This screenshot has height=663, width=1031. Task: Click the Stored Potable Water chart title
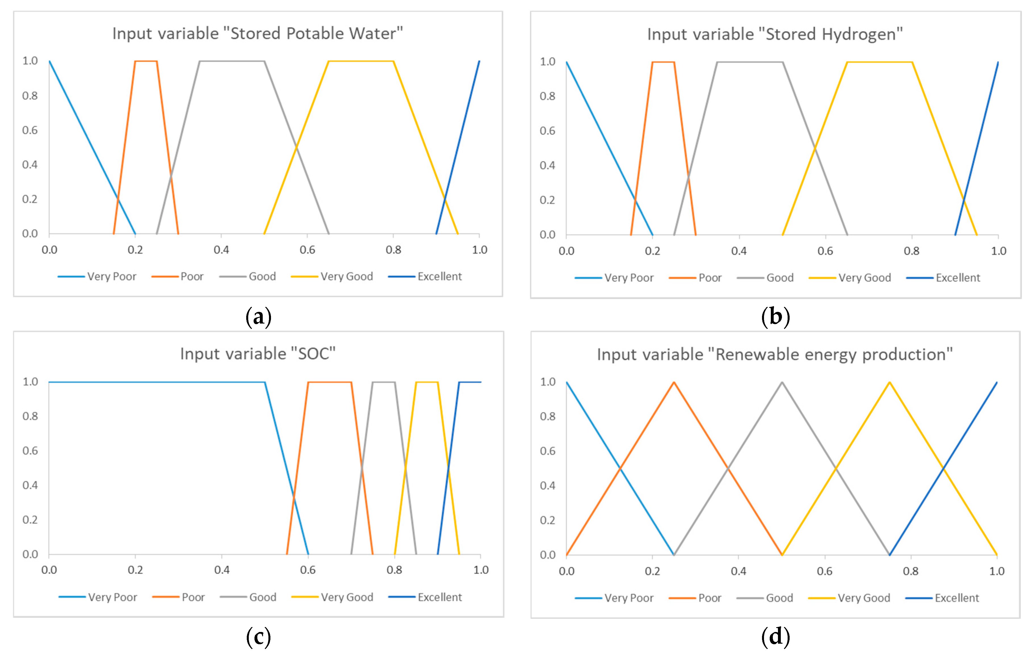258,34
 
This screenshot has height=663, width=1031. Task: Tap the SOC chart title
258,354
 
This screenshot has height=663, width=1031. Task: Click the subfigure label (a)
258,317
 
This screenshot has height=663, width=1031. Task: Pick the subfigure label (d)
775,637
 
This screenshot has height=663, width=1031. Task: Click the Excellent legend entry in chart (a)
439,276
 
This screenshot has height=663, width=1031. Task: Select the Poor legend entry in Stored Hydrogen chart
709,278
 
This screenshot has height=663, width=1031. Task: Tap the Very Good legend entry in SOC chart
347,597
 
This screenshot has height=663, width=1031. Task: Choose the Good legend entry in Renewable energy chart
779,598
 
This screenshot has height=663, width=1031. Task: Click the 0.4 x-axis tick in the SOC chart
222,570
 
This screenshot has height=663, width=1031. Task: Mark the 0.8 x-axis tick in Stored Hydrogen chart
911,251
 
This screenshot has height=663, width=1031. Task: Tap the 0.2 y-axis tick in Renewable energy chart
547,520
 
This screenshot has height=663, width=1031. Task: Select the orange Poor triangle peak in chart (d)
674,382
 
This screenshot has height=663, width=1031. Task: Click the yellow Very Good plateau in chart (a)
361,61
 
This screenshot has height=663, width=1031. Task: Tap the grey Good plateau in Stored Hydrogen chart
750,62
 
